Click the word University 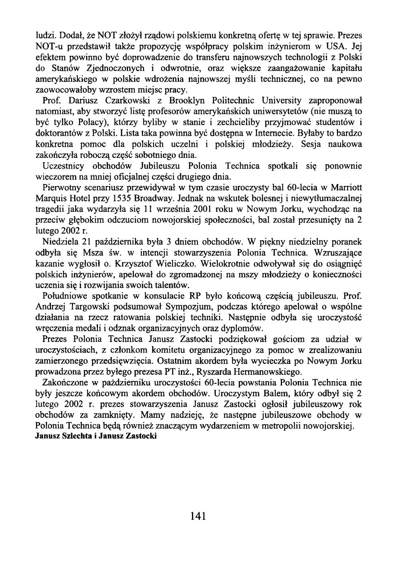coord(284,101)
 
